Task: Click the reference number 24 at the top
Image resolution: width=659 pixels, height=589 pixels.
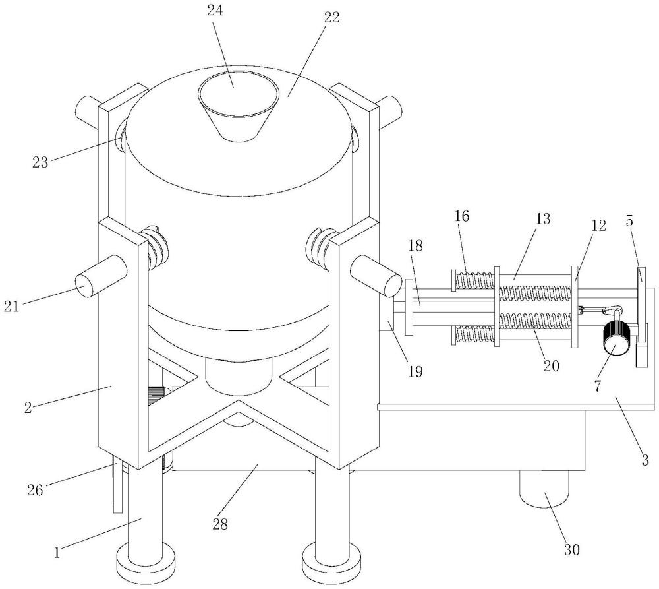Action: (x=215, y=10)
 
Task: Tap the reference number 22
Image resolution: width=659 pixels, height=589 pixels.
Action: (x=331, y=17)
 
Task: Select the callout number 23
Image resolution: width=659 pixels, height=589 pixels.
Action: (x=40, y=162)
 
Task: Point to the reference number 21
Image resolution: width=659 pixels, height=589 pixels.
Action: (x=12, y=306)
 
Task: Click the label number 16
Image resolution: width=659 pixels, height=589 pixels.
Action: (x=461, y=216)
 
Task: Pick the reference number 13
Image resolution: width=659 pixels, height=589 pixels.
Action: (x=542, y=219)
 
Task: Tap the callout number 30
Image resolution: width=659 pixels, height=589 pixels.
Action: (x=571, y=549)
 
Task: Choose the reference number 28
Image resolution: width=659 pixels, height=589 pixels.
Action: (x=220, y=524)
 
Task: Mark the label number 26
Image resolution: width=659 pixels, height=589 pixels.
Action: (x=36, y=489)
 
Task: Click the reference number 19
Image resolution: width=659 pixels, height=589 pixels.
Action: (x=415, y=371)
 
